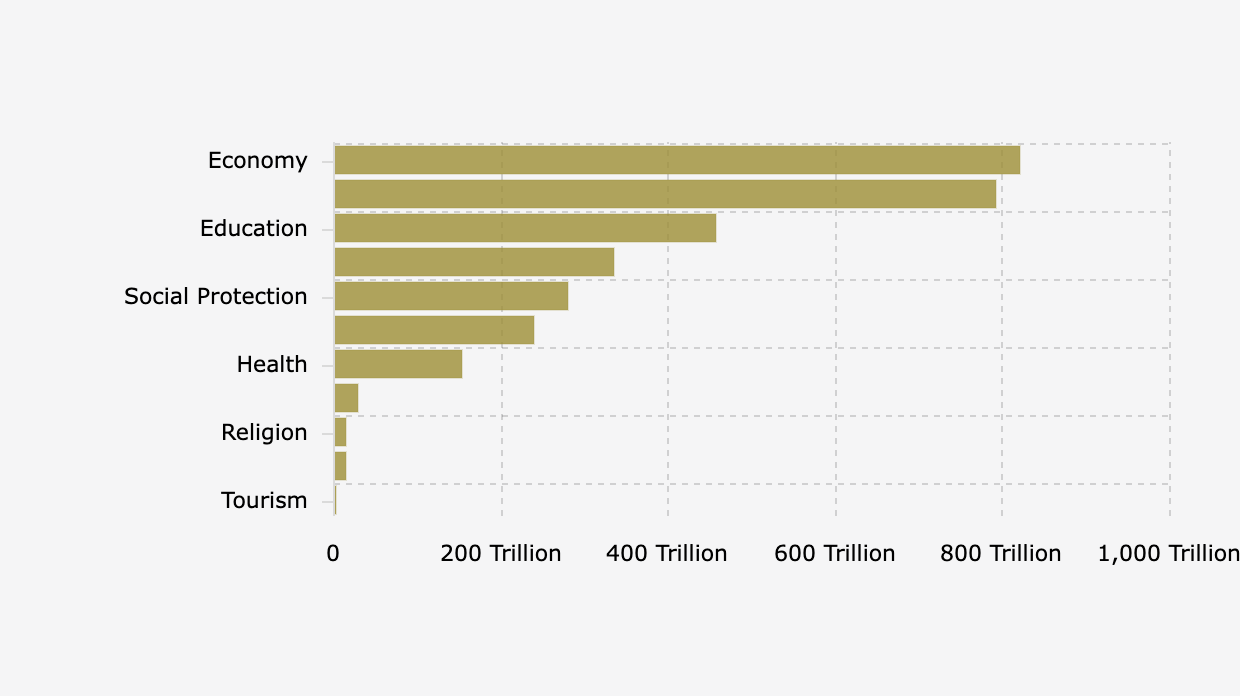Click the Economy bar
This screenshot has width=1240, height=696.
677,160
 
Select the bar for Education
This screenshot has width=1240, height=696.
525,228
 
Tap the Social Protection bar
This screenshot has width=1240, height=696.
451,296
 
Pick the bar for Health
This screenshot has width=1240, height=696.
398,364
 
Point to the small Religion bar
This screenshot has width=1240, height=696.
341,432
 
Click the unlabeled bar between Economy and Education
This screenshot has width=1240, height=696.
665,194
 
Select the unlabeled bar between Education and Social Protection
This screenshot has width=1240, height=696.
474,262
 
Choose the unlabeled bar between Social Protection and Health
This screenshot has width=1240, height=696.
434,330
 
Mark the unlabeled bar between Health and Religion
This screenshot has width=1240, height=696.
346,398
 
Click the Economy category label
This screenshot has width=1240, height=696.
257,160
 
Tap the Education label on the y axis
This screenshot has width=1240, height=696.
253,228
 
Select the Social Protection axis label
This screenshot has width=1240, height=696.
215,296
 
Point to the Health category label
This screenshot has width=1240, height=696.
271,364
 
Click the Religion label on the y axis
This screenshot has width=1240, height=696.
264,432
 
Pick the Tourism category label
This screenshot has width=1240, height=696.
264,500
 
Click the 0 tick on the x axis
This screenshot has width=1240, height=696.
333,553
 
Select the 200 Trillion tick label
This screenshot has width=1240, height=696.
501,553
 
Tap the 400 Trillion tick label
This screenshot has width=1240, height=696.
667,553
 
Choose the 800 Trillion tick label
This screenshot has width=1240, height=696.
1000,553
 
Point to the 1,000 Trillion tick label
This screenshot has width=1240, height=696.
1167,553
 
